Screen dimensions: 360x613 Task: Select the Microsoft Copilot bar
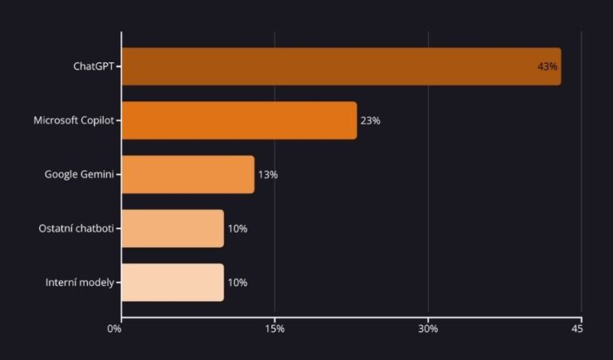click(x=239, y=121)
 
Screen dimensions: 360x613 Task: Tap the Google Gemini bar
click(x=188, y=174)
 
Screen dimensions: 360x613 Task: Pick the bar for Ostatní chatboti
click(x=172, y=228)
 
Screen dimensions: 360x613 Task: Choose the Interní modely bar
click(x=172, y=283)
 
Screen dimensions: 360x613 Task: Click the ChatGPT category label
click(x=93, y=66)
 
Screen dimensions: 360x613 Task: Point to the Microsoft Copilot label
click(x=73, y=121)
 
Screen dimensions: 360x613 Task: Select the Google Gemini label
click(x=79, y=174)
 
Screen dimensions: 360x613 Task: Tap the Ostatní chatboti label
click(x=77, y=228)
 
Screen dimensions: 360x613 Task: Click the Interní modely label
click(x=80, y=283)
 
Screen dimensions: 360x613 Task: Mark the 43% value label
click(x=547, y=66)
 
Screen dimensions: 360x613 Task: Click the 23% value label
click(x=370, y=121)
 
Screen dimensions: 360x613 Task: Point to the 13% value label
click(x=267, y=174)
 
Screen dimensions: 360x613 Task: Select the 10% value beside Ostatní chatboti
click(x=237, y=228)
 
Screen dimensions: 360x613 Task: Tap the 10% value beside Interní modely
click(x=237, y=283)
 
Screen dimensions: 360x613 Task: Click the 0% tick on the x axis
click(x=115, y=329)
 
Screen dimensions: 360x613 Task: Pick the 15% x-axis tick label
click(x=275, y=329)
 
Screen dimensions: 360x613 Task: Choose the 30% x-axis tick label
click(x=428, y=329)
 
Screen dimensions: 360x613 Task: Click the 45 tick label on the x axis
click(x=577, y=329)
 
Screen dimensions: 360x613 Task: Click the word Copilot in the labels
click(x=97, y=121)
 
